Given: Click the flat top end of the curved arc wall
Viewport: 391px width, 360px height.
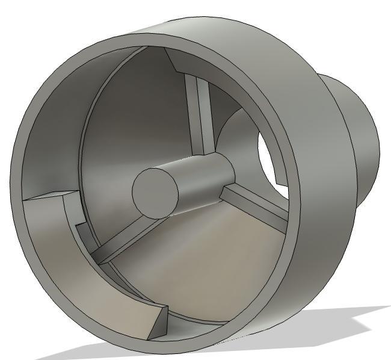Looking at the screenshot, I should coord(51,196).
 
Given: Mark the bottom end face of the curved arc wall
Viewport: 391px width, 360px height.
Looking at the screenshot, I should coord(157,322).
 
